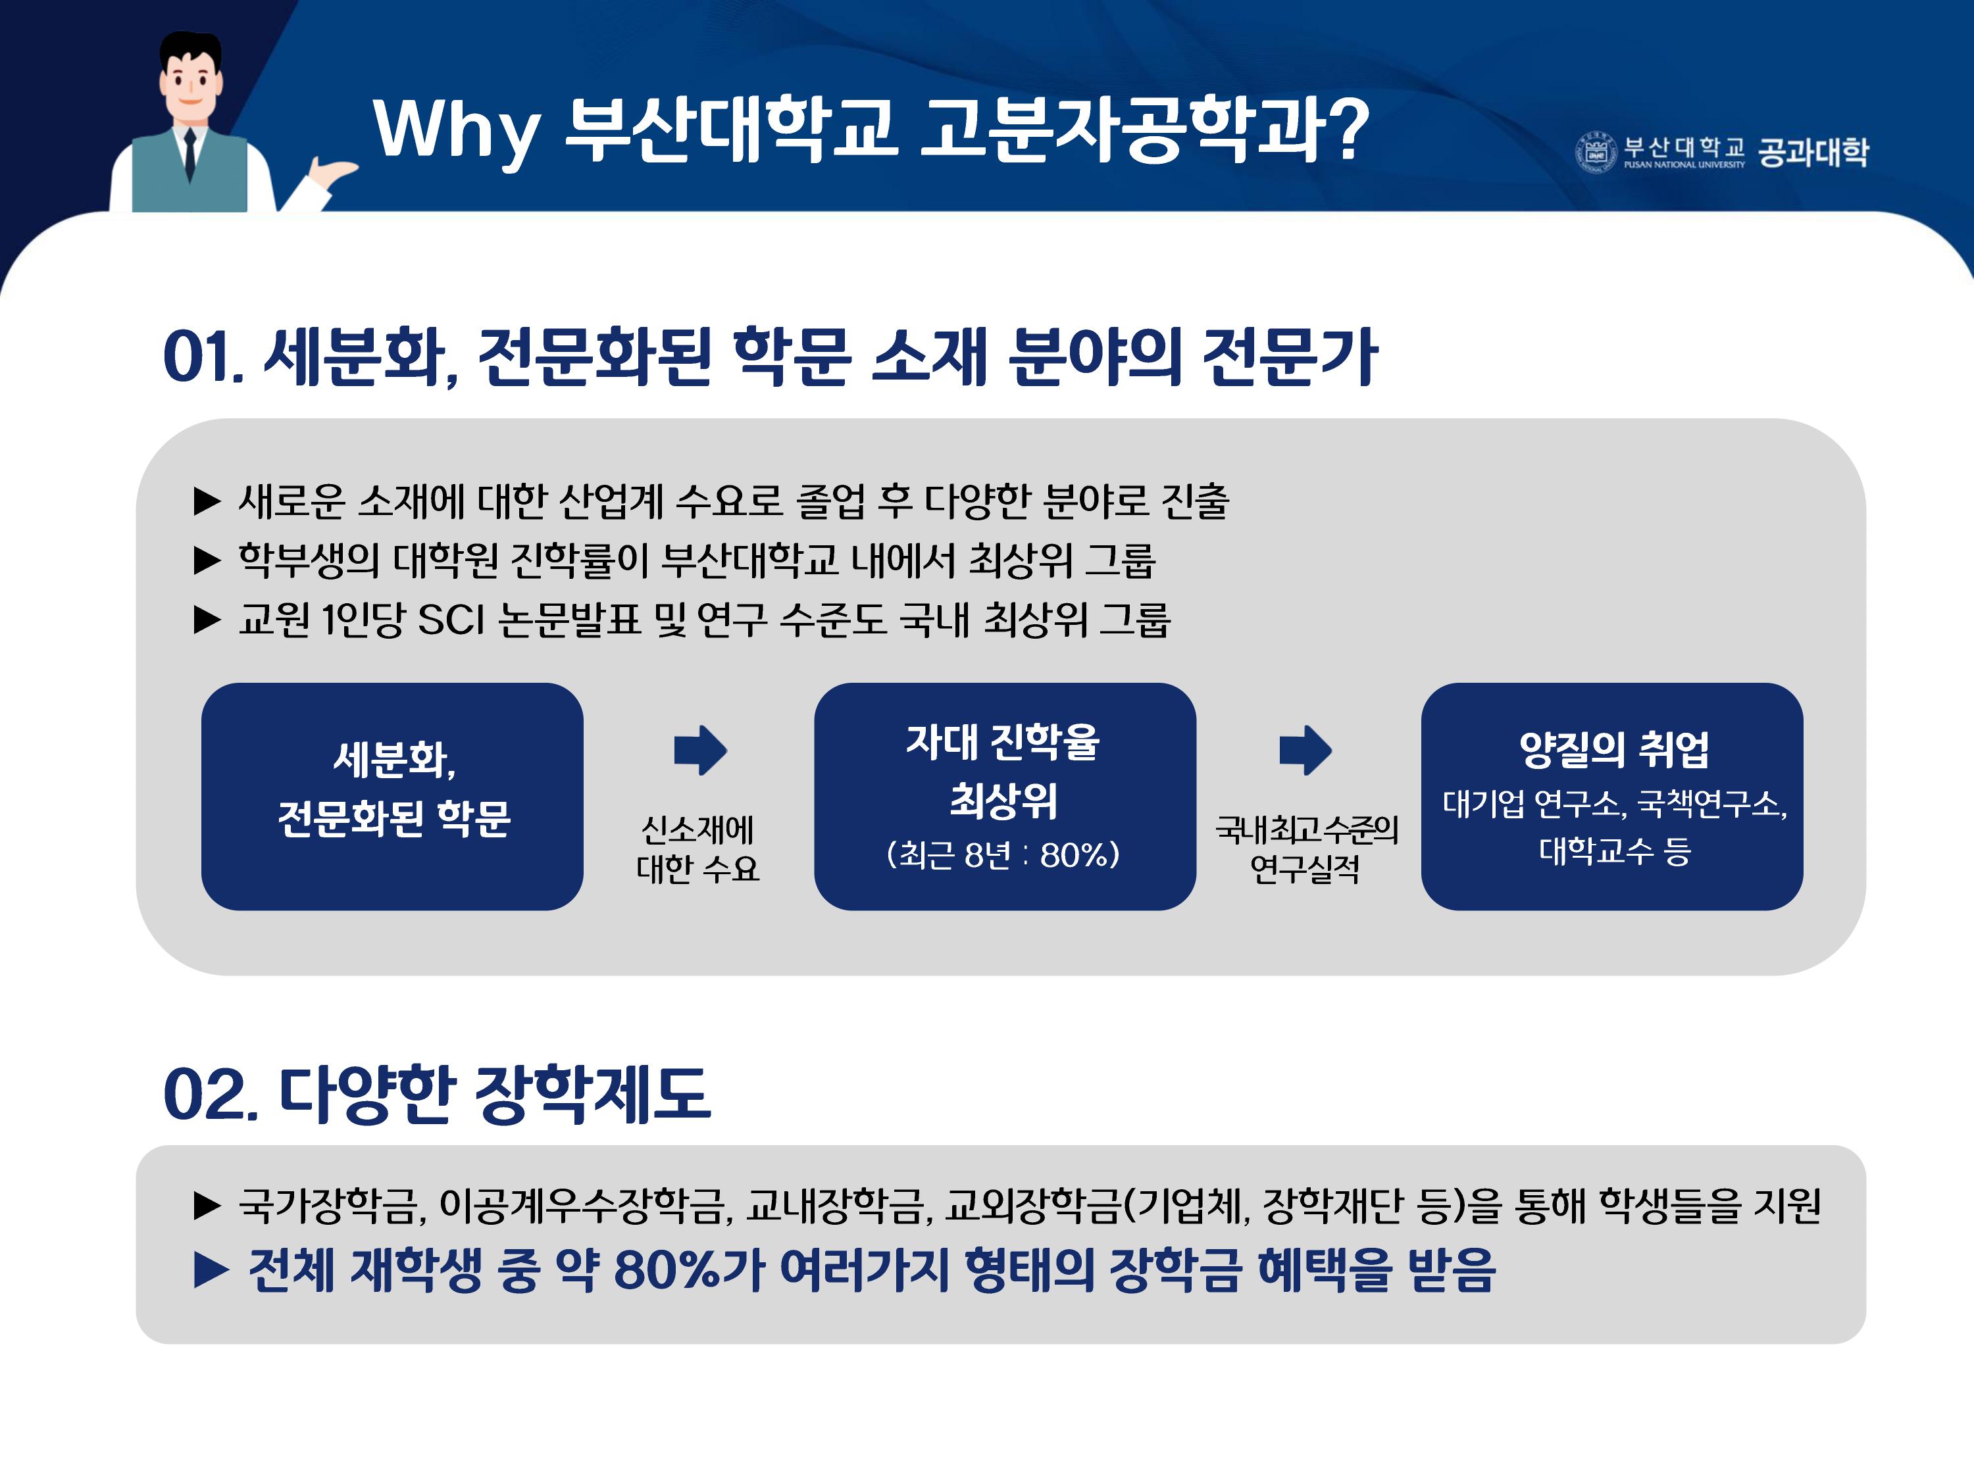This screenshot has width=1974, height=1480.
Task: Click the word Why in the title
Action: coord(456,130)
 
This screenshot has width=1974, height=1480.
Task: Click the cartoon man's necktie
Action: coord(190,153)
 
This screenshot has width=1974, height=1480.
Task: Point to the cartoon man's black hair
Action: coord(190,47)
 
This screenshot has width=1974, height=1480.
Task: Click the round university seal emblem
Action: coord(1595,153)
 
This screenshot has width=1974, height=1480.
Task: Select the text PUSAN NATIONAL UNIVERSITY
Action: coord(1684,165)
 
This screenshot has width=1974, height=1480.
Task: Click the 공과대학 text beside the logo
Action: coord(1813,152)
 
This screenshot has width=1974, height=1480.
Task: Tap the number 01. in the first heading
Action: coord(203,357)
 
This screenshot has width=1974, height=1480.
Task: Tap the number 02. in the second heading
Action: coord(211,1095)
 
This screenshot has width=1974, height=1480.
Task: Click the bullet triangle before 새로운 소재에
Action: coord(207,501)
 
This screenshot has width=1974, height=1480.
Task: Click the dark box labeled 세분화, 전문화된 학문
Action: coord(393,796)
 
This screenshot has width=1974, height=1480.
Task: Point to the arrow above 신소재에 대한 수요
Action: coord(701,749)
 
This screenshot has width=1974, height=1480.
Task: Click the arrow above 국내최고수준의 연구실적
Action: coord(1305,749)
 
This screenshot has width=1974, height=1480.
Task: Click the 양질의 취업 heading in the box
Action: coord(1613,749)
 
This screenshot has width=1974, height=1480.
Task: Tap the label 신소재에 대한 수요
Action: coord(698,849)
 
